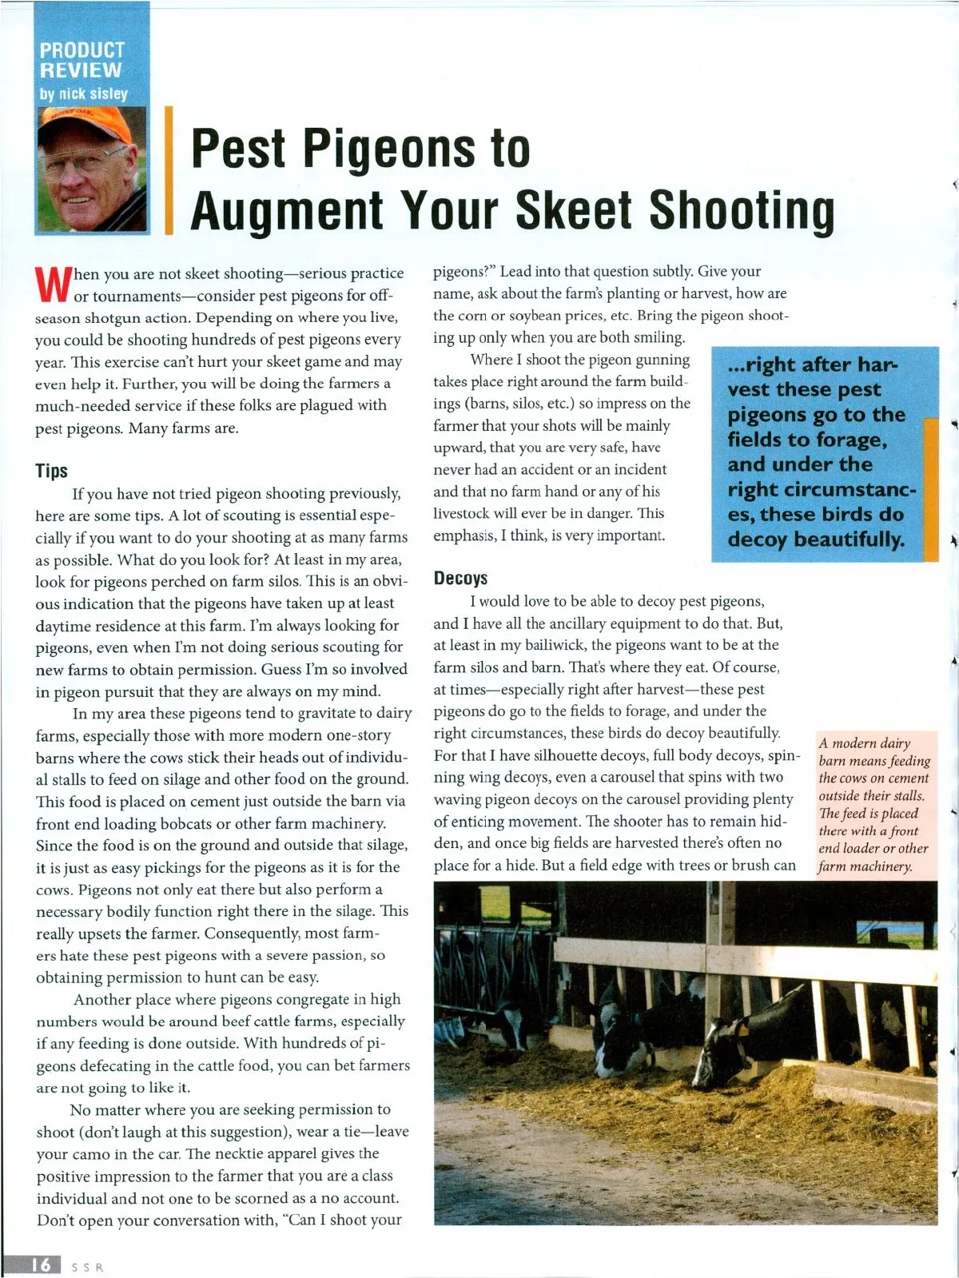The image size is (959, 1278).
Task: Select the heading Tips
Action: [x=51, y=471]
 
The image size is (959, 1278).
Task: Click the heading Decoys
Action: [x=460, y=578]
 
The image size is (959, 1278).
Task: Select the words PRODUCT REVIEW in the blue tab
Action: [x=82, y=61]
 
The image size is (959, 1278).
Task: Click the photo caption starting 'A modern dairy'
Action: [x=874, y=804]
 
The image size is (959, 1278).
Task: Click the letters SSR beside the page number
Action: [x=88, y=1267]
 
